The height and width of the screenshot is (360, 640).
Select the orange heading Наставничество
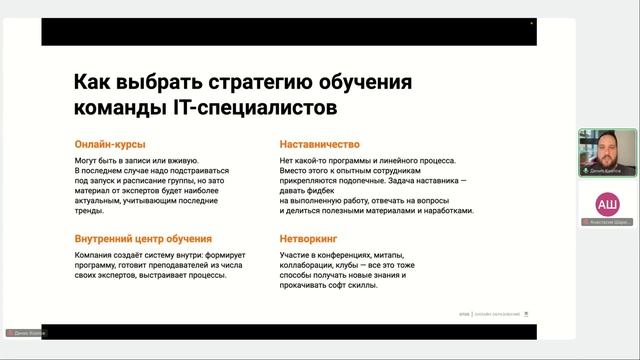tap(320, 144)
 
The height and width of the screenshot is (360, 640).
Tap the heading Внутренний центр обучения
tap(143, 239)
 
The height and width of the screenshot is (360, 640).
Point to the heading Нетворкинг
tap(308, 239)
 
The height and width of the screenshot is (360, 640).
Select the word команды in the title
tap(114, 106)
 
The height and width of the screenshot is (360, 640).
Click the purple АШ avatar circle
tap(607, 204)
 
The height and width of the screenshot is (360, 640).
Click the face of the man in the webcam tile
tap(607, 146)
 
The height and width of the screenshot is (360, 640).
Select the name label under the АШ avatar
tap(606, 222)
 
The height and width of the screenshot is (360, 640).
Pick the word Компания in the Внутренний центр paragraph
tap(94, 255)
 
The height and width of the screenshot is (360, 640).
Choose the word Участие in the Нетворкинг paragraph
tap(296, 255)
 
